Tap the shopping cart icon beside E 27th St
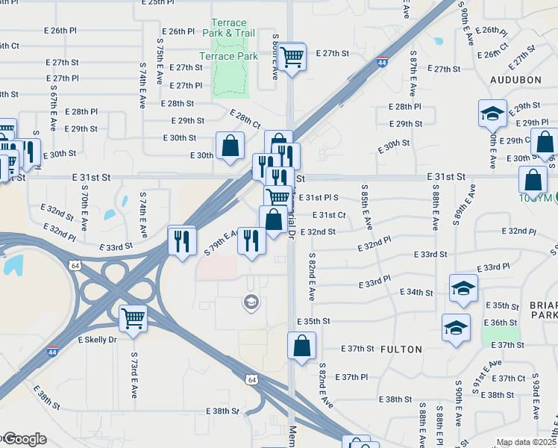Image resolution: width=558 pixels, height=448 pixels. point(292,55)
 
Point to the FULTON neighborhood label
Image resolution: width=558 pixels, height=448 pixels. point(401,349)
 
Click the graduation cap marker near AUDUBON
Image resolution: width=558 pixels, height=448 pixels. point(492,114)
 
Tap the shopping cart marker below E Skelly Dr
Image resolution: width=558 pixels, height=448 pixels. point(133,318)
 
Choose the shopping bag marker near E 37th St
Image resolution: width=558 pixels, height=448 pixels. point(301,346)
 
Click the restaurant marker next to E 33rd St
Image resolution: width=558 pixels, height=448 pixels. point(181,240)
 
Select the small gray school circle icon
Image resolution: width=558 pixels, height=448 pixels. point(251,302)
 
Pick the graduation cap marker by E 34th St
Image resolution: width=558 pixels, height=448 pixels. point(463,289)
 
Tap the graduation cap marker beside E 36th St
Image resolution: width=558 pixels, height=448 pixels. point(456,327)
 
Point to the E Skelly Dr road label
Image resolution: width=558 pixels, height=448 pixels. point(98,340)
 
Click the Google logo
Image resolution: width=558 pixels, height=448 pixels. point(24,440)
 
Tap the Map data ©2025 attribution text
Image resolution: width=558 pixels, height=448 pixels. point(525,442)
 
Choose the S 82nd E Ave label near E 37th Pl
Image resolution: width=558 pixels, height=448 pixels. point(326,385)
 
